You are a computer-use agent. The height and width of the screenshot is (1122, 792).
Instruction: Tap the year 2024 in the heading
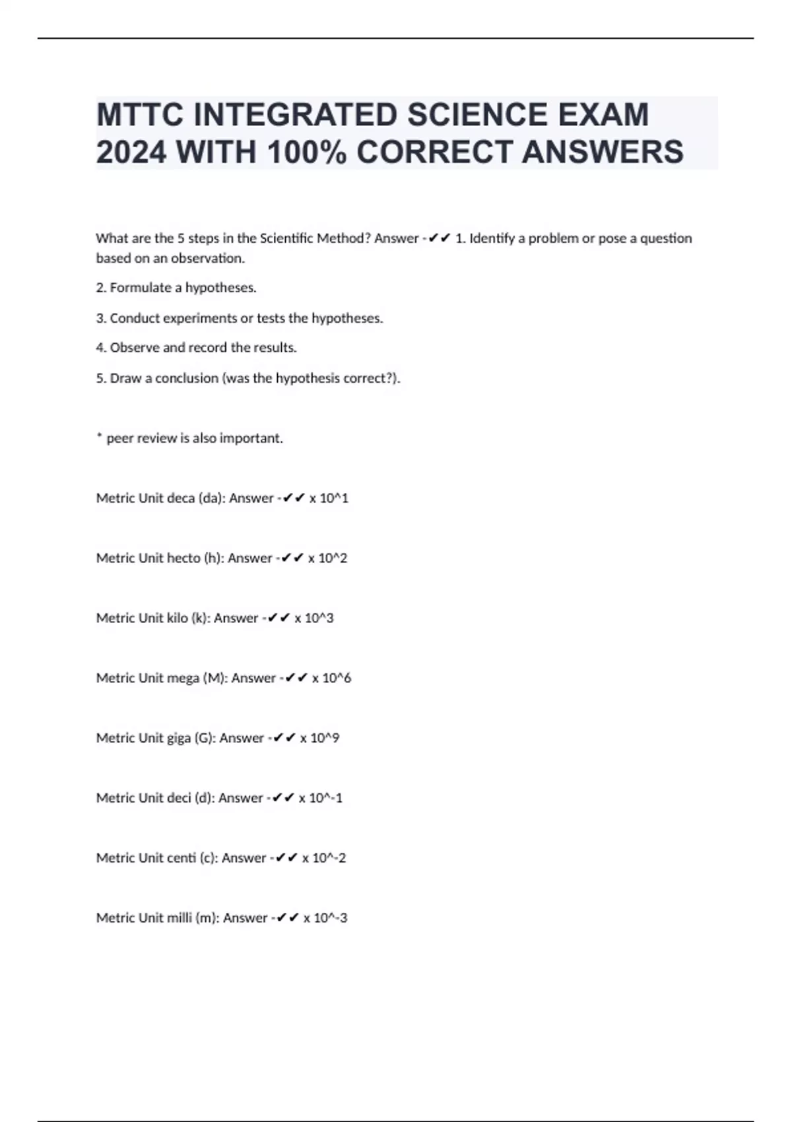click(x=131, y=152)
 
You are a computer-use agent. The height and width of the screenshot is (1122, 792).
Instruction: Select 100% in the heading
click(x=307, y=152)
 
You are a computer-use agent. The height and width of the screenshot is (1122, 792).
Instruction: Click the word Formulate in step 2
click(x=141, y=288)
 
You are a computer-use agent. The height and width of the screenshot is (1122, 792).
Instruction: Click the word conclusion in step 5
click(x=186, y=378)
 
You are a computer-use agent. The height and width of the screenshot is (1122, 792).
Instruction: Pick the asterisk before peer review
click(x=99, y=436)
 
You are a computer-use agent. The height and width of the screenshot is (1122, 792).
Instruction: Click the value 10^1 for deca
click(x=333, y=498)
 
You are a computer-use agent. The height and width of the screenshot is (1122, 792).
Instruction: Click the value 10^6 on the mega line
click(x=337, y=678)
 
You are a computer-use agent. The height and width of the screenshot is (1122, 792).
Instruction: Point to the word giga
click(x=178, y=738)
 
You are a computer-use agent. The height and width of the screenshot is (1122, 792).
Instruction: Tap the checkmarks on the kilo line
click(x=279, y=618)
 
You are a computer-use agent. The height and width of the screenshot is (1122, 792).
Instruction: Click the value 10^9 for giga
click(x=325, y=738)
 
